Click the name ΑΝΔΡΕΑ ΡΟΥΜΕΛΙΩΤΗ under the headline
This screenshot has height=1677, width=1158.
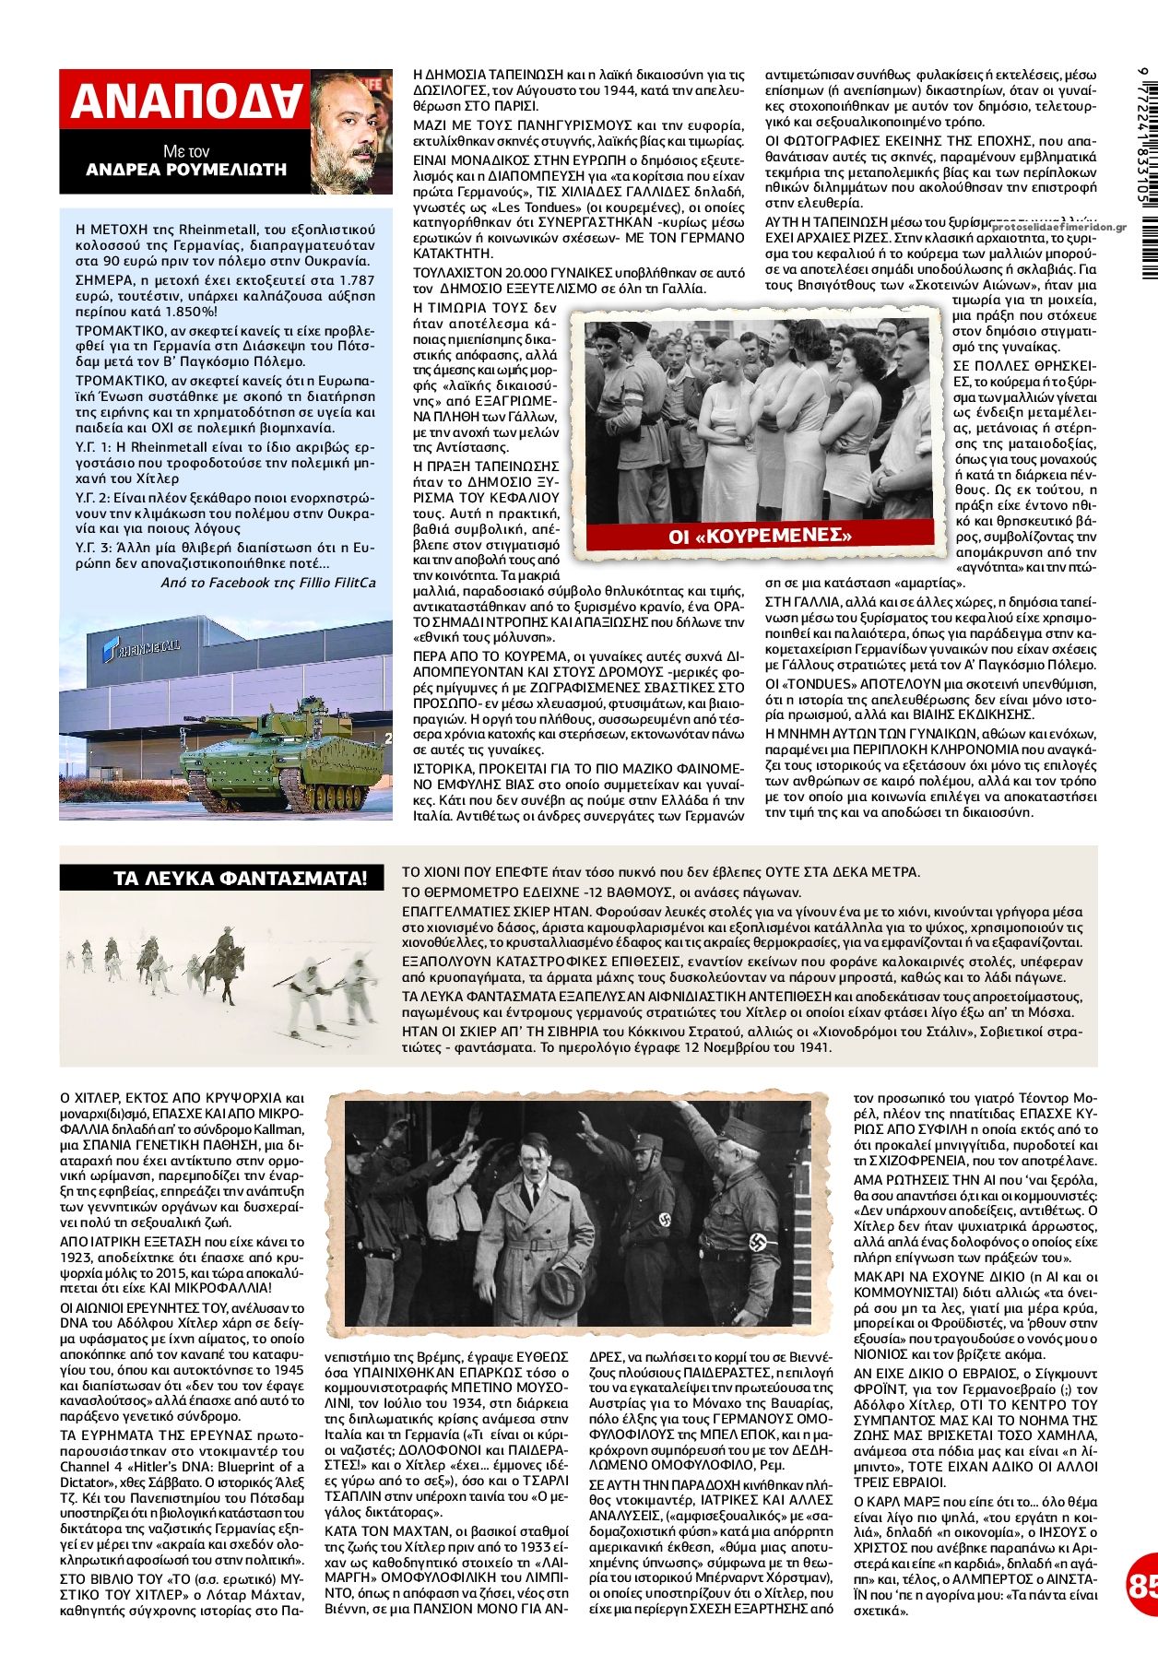(x=186, y=170)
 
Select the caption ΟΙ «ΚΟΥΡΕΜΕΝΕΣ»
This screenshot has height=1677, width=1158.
(x=760, y=536)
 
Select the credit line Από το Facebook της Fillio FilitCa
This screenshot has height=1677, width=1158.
(x=268, y=582)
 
